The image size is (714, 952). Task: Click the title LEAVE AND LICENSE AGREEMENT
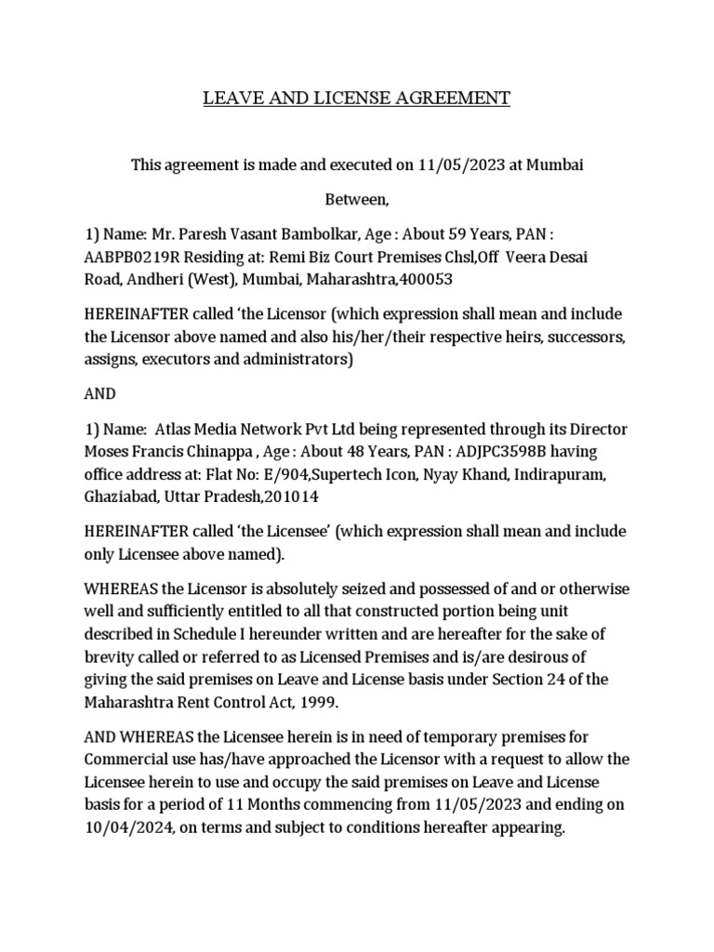[x=357, y=98]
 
